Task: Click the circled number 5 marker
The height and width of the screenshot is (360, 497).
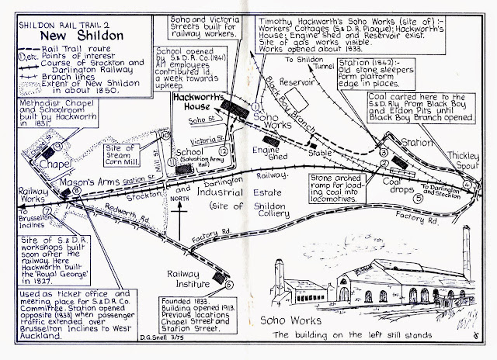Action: [x=419, y=198]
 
